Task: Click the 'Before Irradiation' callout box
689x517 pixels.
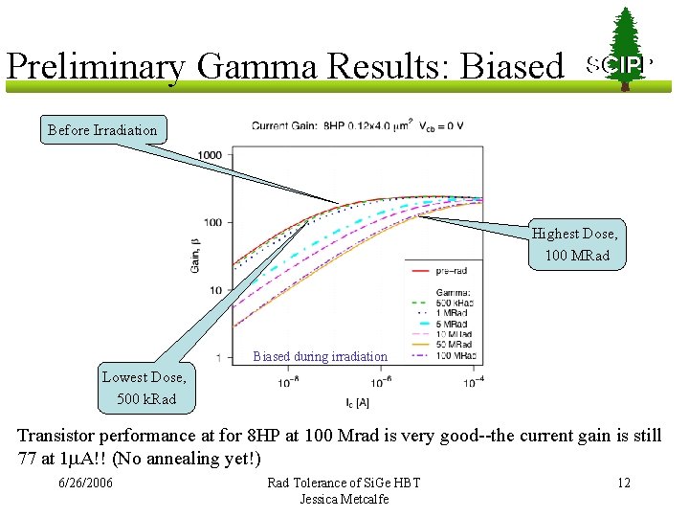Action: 102,129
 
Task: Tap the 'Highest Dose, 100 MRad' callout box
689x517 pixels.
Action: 575,244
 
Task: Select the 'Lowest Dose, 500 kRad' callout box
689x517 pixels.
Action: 144,388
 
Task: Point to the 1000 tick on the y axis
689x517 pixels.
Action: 210,155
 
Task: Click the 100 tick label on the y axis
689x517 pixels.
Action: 211,223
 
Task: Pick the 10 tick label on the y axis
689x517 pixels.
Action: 215,290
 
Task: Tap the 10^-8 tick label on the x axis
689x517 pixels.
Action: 287,382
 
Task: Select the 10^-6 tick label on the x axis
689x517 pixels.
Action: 380,382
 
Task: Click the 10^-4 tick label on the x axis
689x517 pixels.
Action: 473,382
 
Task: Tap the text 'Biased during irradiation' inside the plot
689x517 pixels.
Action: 321,356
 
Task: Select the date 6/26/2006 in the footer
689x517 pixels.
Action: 85,483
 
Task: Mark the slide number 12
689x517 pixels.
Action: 623,483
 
